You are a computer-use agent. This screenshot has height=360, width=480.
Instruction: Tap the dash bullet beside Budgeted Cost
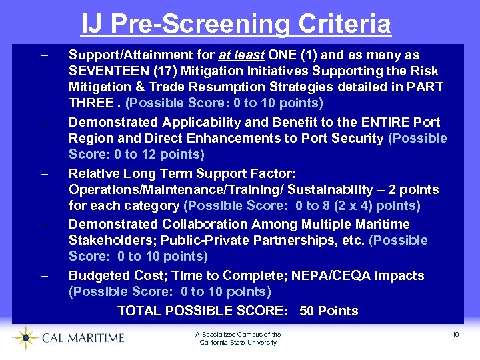point(43,275)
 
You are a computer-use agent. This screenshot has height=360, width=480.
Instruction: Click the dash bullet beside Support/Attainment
point(43,55)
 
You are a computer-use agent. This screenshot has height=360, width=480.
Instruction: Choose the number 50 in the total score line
point(308,311)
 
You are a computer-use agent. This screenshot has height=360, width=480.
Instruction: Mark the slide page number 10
point(455,334)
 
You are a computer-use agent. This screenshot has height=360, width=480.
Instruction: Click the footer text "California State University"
point(238,343)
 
